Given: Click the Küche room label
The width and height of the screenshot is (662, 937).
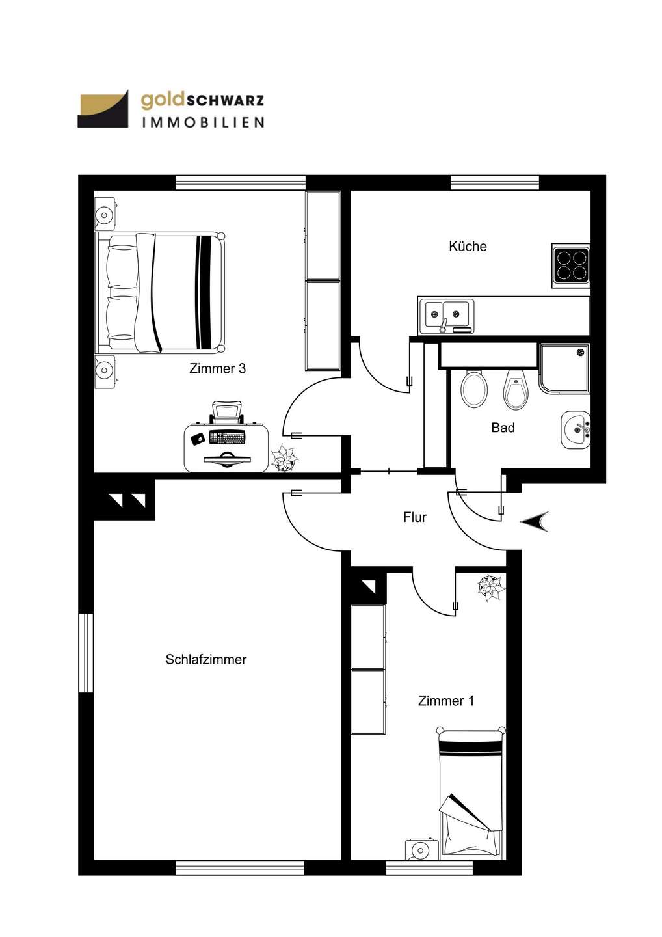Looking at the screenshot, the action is pyautogui.click(x=468, y=247).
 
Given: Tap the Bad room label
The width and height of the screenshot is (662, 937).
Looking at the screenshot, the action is pyautogui.click(x=503, y=428).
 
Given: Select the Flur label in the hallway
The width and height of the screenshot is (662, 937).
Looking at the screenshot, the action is pyautogui.click(x=415, y=517).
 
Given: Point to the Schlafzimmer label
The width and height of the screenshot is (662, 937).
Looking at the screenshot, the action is pyautogui.click(x=206, y=660).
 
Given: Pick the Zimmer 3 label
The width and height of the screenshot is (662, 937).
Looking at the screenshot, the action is pyautogui.click(x=217, y=368).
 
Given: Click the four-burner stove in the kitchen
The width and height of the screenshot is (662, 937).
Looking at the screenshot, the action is pyautogui.click(x=571, y=265).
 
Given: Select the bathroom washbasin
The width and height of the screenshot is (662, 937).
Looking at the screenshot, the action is pyautogui.click(x=576, y=429).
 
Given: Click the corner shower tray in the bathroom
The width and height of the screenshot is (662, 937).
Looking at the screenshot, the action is pyautogui.click(x=564, y=368).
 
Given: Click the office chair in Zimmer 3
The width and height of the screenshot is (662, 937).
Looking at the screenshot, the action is pyautogui.click(x=227, y=412).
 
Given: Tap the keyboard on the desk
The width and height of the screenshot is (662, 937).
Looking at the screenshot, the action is pyautogui.click(x=227, y=438).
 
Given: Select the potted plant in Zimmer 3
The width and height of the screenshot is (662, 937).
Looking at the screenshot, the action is pyautogui.click(x=284, y=458).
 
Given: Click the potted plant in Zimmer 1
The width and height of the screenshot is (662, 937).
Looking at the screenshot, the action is pyautogui.click(x=492, y=588).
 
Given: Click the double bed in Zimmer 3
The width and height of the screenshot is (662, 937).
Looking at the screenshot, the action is pyautogui.click(x=161, y=293).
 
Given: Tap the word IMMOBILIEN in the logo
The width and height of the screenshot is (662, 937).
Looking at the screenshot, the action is pyautogui.click(x=203, y=122).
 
